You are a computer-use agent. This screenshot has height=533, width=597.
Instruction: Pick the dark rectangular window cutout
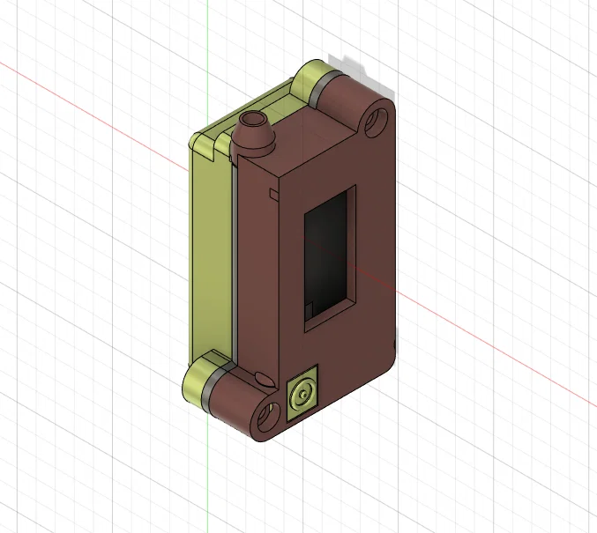coord(330,260)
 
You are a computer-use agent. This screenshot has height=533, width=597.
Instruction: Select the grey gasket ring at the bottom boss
coord(213,388)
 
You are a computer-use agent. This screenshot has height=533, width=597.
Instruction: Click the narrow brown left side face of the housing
coord(257,273)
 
